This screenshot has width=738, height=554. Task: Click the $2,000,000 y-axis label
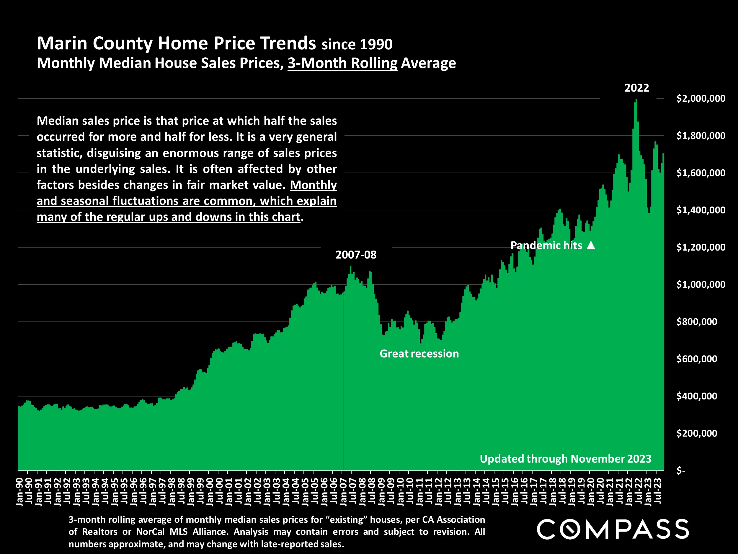pos(701,98)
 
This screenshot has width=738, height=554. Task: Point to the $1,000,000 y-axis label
pos(701,285)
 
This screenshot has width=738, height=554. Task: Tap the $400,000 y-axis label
pos(697,396)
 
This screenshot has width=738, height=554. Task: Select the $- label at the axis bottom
pos(681,470)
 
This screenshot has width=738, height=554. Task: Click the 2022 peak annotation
pos(636,88)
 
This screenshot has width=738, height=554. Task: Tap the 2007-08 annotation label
pos(356,255)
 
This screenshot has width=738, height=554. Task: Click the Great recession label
pos(419,354)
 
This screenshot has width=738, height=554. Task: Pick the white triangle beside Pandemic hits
pos(591,246)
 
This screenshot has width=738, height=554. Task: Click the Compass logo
pos(613,529)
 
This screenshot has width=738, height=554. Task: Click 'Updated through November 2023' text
pos(565,459)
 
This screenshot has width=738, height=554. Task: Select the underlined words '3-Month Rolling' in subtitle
pos(343,63)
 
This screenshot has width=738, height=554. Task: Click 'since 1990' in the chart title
pos(357,44)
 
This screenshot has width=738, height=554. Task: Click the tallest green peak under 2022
pos(636,100)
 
